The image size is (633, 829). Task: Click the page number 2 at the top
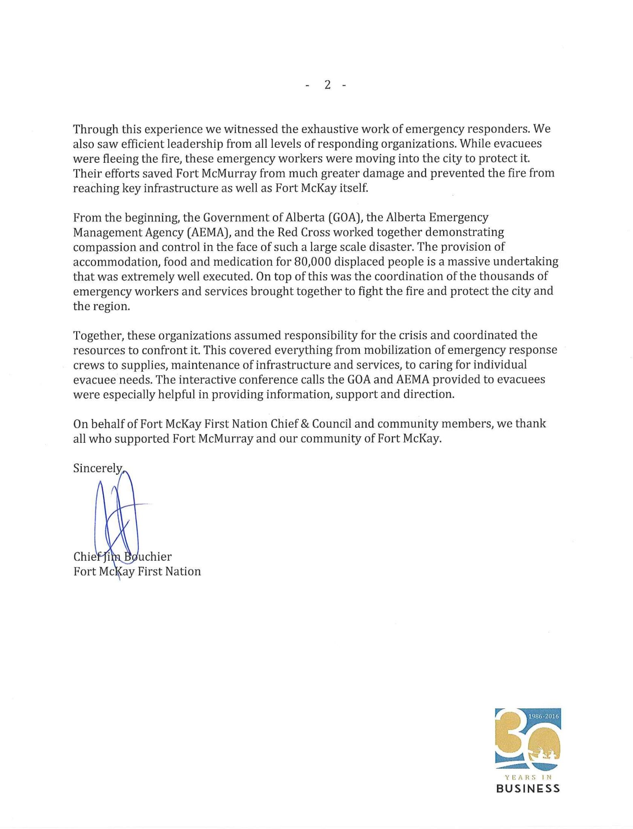pyautogui.click(x=327, y=85)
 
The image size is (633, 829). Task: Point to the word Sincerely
pyautogui.click(x=98, y=468)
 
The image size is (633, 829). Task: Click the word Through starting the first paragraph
pyautogui.click(x=96, y=130)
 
